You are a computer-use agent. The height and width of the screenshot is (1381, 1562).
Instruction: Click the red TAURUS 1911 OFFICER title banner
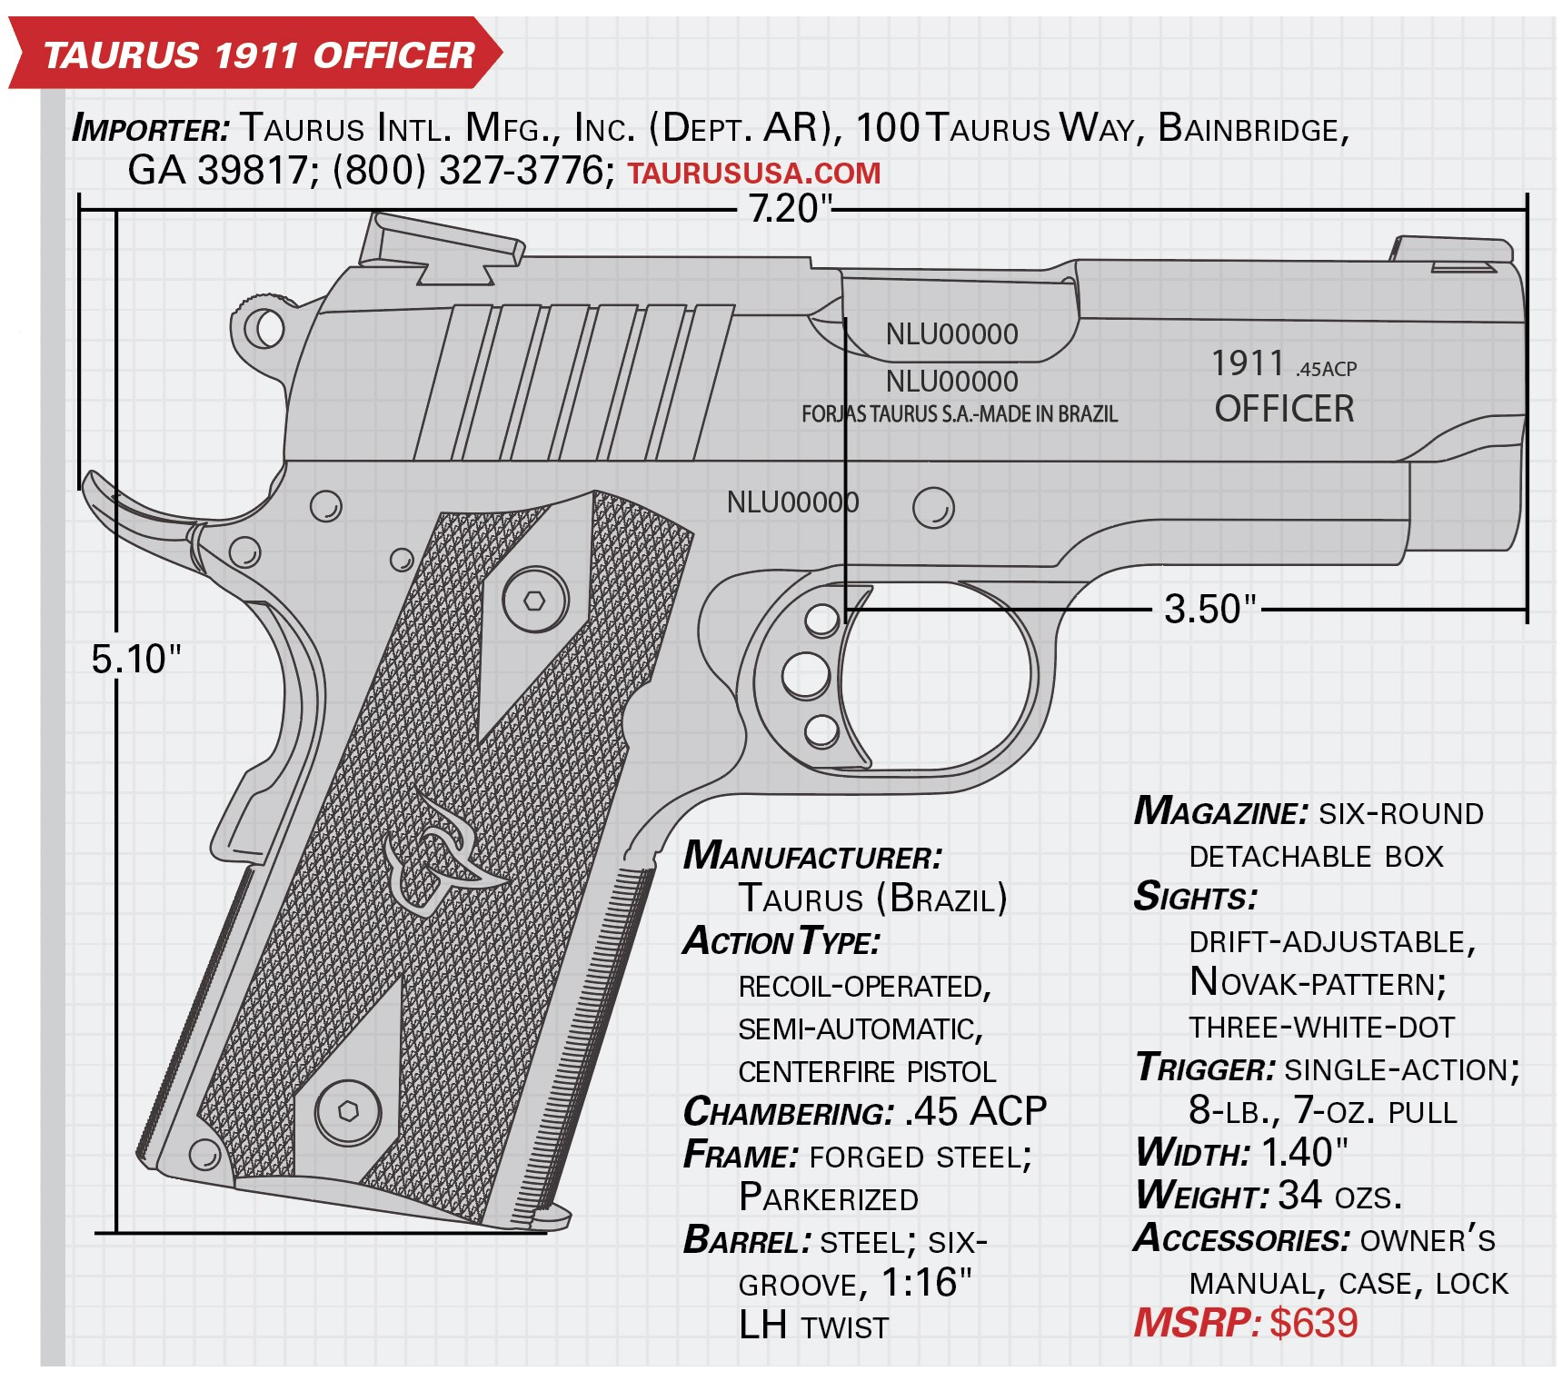point(254,55)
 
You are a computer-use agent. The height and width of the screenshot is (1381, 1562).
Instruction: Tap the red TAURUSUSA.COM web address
point(754,173)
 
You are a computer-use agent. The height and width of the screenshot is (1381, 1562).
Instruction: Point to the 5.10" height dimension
point(136,659)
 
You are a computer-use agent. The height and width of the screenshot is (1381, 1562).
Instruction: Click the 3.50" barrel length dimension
point(1209,609)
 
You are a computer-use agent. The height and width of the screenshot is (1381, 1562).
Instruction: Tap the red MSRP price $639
point(1313,1323)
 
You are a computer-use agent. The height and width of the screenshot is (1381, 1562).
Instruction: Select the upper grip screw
point(535,600)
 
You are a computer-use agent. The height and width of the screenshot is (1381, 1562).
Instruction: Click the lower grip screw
point(349,1111)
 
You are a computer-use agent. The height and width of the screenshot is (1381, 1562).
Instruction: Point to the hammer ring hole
point(264,327)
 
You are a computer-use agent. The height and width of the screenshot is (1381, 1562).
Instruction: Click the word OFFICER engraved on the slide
point(1284,409)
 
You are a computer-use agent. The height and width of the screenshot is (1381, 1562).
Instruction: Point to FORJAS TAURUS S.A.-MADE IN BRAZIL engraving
point(960,414)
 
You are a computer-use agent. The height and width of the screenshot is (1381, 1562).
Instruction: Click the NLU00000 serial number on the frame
point(792,502)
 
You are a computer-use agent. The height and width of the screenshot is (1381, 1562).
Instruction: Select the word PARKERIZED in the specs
point(829,1197)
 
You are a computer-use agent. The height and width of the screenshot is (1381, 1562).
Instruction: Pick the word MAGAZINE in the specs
point(1221,811)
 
